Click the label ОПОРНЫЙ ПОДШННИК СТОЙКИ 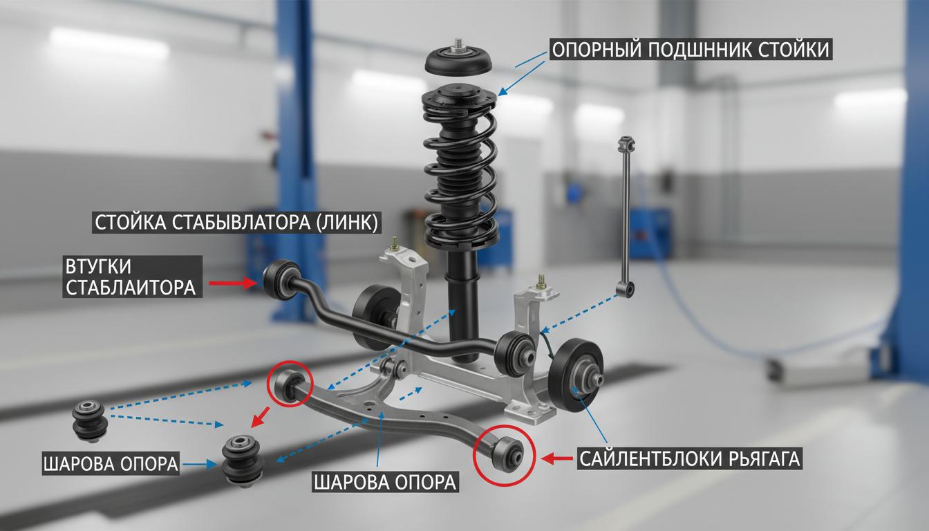pyautogui.click(x=691, y=50)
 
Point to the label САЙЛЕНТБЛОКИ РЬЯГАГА pyautogui.click(x=689, y=459)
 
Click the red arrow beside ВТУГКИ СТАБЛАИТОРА pyautogui.click(x=234, y=283)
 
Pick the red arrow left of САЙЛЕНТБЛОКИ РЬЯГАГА pyautogui.click(x=557, y=458)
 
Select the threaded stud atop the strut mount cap pyautogui.click(x=458, y=43)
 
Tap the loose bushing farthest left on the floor pyautogui.click(x=91, y=420)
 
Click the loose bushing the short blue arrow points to pyautogui.click(x=243, y=460)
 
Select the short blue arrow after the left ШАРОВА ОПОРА pyautogui.click(x=200, y=465)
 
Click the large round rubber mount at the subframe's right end pyautogui.click(x=576, y=375)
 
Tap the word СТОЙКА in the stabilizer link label pyautogui.click(x=129, y=223)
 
